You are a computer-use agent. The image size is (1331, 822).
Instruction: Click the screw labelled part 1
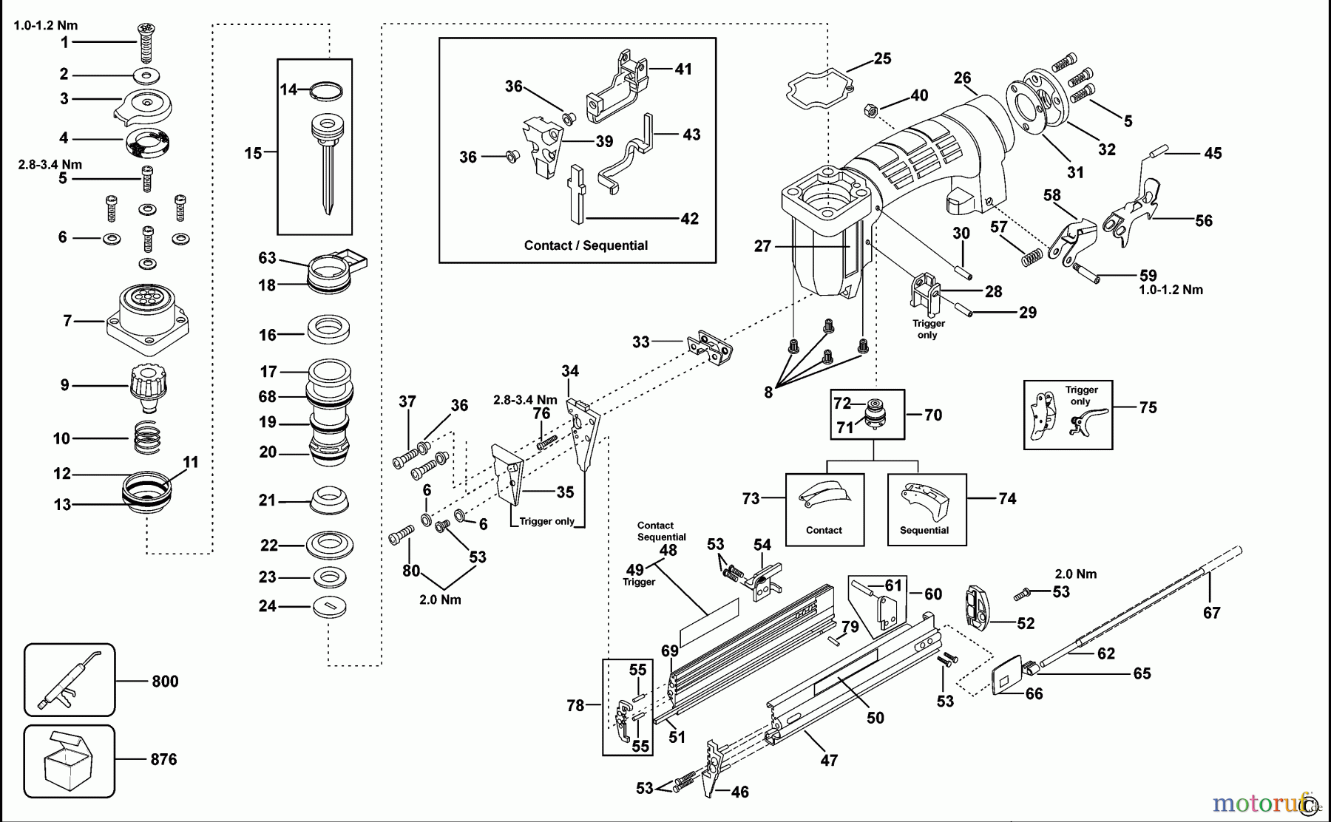[x=146, y=43]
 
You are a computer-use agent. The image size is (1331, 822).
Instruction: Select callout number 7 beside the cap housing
[x=67, y=321]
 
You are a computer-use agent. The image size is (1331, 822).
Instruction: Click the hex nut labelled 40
[x=870, y=111]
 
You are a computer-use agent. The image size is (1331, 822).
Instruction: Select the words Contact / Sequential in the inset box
[x=586, y=245]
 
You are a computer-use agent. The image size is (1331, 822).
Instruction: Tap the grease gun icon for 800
[x=69, y=679]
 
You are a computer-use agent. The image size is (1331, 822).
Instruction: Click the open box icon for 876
[x=69, y=761]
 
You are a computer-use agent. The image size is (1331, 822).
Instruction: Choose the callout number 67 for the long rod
[x=1211, y=612]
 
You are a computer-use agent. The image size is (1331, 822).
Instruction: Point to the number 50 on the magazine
[x=875, y=718]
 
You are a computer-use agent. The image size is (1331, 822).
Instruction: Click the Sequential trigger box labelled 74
[x=927, y=509]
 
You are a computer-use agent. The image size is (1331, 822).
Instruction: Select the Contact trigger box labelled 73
[x=824, y=509]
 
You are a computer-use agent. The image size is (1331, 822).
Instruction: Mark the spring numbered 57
[x=1032, y=258]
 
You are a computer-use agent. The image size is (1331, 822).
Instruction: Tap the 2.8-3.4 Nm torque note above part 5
[x=50, y=164]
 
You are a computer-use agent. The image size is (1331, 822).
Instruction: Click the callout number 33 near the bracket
[x=640, y=342]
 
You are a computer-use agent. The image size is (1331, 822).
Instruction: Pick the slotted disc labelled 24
[x=330, y=607]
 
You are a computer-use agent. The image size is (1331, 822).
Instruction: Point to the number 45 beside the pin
[x=1213, y=153]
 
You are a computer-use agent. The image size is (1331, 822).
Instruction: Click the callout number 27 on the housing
[x=762, y=246]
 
